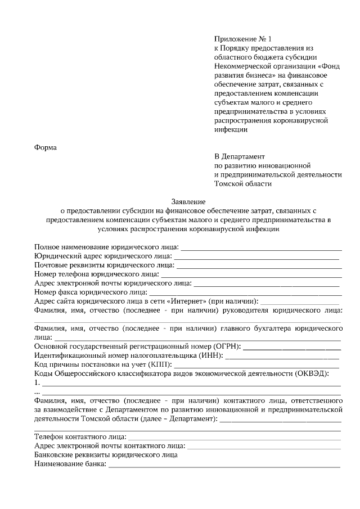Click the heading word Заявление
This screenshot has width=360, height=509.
(188, 201)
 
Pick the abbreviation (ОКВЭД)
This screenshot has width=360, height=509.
(312, 373)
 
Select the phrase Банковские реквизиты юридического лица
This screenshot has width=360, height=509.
(106, 455)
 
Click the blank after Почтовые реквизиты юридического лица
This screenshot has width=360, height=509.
(259, 265)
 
